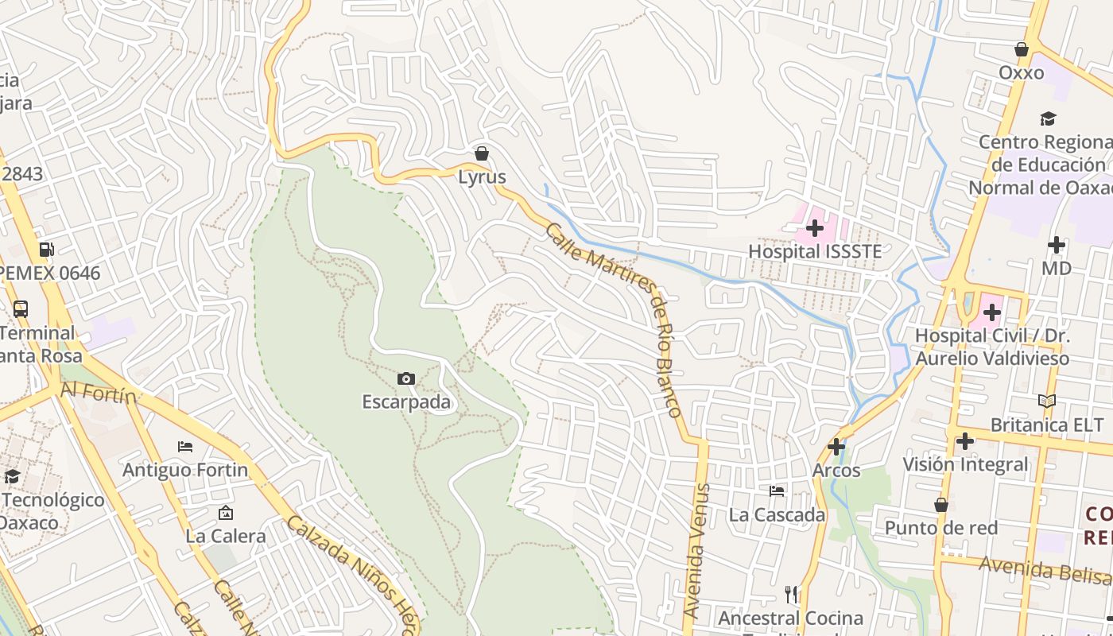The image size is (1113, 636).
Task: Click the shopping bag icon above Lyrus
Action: [481, 153]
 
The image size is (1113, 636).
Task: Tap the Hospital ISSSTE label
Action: [815, 252]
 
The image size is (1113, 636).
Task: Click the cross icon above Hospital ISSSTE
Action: [815, 229]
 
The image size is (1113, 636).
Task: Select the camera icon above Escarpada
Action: [406, 379]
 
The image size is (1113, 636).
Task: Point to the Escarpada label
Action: [406, 402]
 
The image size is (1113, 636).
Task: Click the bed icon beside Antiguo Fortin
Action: [185, 447]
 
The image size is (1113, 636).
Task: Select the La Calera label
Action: [226, 537]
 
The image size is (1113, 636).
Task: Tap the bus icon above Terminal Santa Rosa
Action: [21, 309]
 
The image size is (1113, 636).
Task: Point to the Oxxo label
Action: [1021, 73]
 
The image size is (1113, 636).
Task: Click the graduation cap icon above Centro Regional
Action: [1048, 119]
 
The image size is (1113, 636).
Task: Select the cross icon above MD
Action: [1056, 245]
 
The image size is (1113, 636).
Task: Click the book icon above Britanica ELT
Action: [1047, 401]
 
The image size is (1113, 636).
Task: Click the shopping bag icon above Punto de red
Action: [940, 505]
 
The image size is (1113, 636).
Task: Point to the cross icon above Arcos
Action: [836, 447]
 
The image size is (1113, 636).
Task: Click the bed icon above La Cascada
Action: [777, 491]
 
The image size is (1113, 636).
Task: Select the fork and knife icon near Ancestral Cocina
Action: [790, 594]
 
